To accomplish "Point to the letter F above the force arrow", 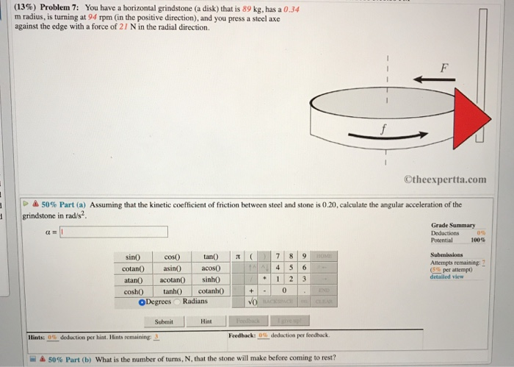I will pyautogui.click(x=443, y=67).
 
